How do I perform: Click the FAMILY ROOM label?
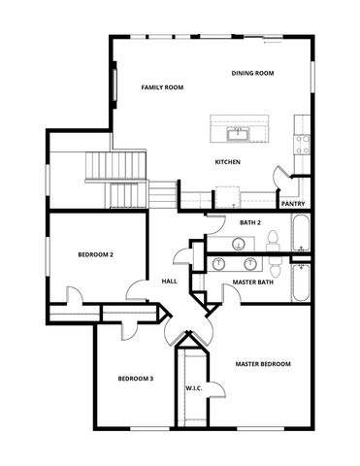coord(162,87)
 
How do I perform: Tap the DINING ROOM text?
coord(252,74)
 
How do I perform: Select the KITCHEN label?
coord(227,162)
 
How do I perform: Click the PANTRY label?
coord(293,204)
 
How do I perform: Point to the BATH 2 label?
coord(249,223)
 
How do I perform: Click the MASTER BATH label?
coord(252,283)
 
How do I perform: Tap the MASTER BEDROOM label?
coord(263,364)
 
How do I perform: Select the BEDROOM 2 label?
coord(96,254)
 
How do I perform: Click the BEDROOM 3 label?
coord(135,379)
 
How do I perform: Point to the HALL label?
coord(169,282)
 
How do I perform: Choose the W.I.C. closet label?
coord(193,388)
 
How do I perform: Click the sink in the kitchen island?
coord(236,132)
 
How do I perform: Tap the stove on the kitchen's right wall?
coord(303,144)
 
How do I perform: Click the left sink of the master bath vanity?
coord(221,262)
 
